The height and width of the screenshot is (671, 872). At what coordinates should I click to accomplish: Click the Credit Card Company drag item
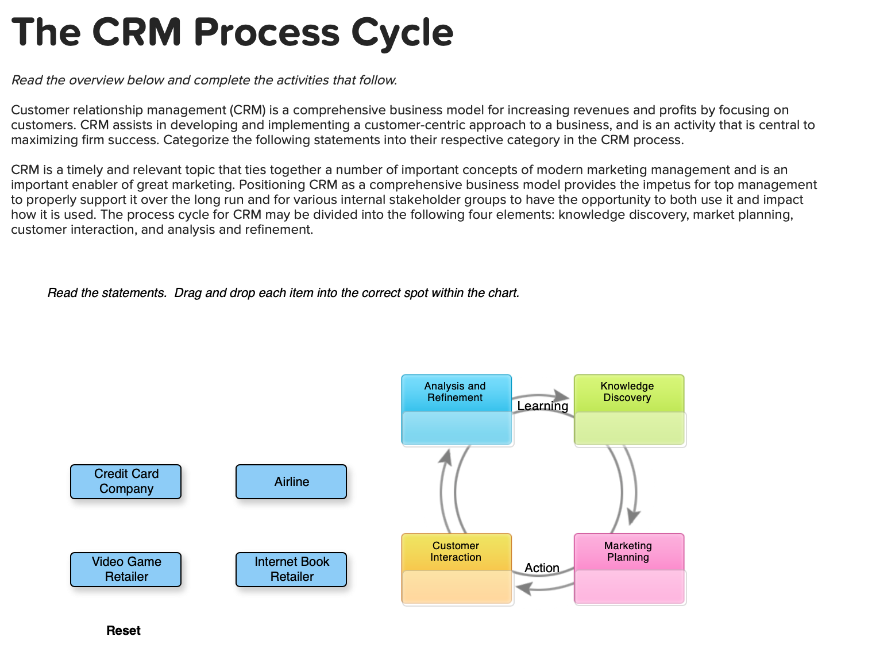(x=126, y=481)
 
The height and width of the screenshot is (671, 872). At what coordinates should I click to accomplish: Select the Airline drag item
(x=291, y=481)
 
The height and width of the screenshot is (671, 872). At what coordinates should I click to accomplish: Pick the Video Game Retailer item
(x=126, y=569)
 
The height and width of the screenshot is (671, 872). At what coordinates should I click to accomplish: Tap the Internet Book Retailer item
(x=291, y=569)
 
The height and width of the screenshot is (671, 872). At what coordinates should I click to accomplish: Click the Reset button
(x=123, y=630)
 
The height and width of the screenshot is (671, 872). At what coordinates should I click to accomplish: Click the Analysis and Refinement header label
(x=455, y=392)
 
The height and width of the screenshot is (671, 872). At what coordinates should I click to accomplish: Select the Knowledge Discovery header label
(x=627, y=392)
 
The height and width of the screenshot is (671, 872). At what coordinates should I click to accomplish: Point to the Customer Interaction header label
(x=456, y=552)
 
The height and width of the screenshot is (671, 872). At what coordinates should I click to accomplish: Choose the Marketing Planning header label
(x=628, y=552)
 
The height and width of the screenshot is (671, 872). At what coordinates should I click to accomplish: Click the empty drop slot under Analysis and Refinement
(x=457, y=429)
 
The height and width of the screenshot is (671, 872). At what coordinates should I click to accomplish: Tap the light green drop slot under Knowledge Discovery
(x=630, y=429)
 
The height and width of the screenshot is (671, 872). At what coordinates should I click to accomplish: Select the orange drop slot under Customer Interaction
(x=457, y=588)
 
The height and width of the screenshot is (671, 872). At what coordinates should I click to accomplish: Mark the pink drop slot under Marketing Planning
(x=630, y=588)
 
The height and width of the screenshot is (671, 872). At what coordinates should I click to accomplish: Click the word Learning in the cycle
(x=542, y=406)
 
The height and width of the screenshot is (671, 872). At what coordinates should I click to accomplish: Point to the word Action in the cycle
(x=542, y=568)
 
